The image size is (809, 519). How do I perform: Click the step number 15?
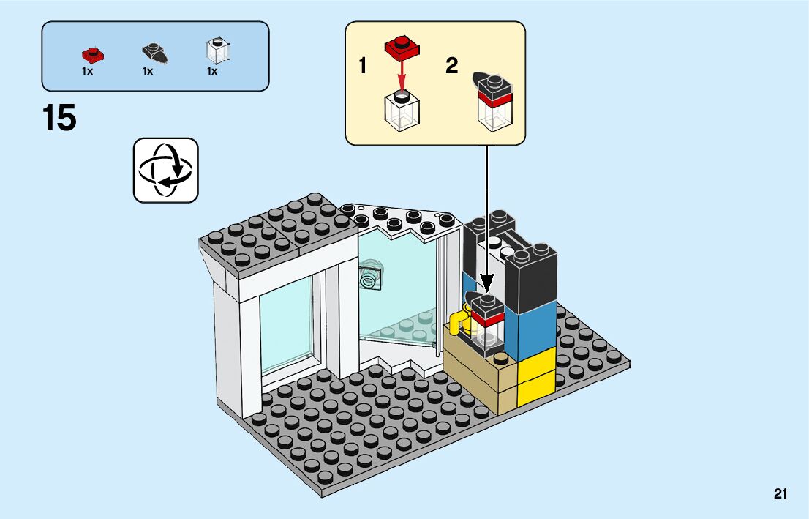59,119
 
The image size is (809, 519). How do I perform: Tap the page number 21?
780,494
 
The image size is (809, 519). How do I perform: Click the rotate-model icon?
165,170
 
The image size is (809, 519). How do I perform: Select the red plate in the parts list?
92,53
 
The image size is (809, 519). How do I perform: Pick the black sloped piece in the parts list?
154,53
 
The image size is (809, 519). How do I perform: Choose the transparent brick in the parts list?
218,51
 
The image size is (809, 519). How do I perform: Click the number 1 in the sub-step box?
363,67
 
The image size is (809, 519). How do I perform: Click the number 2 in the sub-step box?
452,67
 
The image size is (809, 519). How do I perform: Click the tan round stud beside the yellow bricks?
501,358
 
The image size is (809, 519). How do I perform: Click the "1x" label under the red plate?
88,71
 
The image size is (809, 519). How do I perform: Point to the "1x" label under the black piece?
148,71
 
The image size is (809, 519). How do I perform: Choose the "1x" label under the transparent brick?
212,71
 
